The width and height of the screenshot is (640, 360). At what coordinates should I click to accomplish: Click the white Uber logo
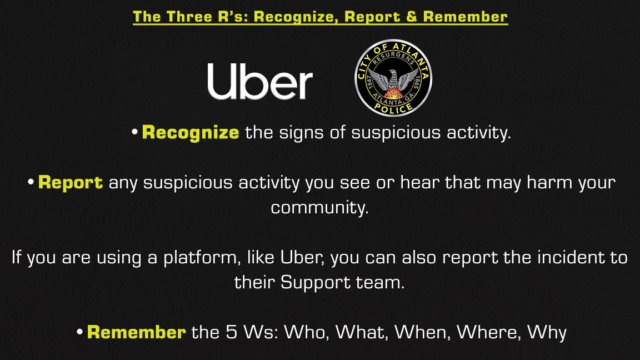(x=260, y=82)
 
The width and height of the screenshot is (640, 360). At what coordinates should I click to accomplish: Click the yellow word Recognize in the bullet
(x=191, y=133)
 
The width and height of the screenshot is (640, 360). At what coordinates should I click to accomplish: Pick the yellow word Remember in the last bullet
(x=136, y=332)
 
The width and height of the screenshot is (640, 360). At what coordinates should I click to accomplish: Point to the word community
(x=319, y=208)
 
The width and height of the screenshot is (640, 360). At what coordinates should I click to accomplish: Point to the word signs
(x=292, y=133)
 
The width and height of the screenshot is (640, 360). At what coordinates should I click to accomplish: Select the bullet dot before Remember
(x=80, y=332)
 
